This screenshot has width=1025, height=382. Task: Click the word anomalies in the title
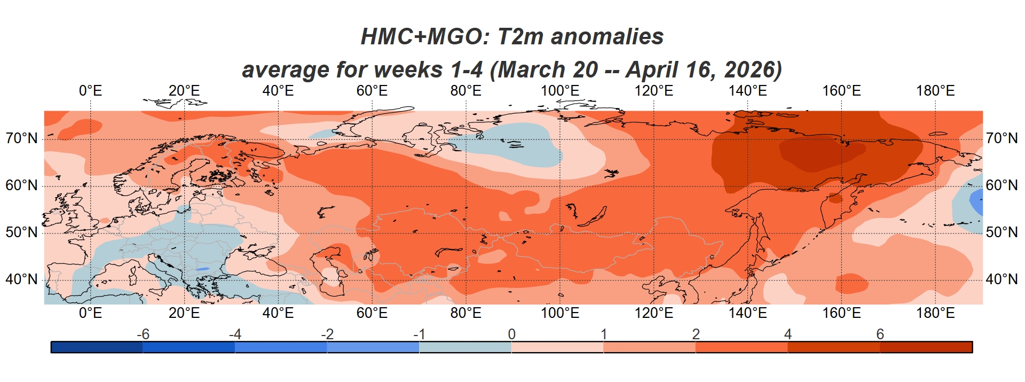click(x=607, y=37)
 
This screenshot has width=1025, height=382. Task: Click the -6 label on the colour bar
click(x=143, y=334)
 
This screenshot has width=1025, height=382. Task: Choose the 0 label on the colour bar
click(x=511, y=334)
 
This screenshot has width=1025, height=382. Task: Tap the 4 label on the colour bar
click(x=788, y=334)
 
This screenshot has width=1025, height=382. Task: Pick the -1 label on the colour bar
click(x=419, y=334)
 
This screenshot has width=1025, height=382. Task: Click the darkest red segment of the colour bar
click(x=926, y=347)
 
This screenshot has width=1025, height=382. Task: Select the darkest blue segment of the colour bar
click(x=97, y=347)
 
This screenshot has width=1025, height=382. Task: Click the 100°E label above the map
click(x=559, y=91)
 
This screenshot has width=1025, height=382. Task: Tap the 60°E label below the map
click(x=372, y=313)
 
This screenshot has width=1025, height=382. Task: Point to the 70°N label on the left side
click(x=22, y=139)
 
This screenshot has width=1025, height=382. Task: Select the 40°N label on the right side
click(x=1002, y=279)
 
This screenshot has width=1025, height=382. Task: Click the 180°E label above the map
click(x=935, y=91)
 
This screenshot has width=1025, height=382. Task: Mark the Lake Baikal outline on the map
click(x=593, y=218)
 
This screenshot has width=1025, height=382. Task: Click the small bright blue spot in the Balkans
click(x=202, y=269)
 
